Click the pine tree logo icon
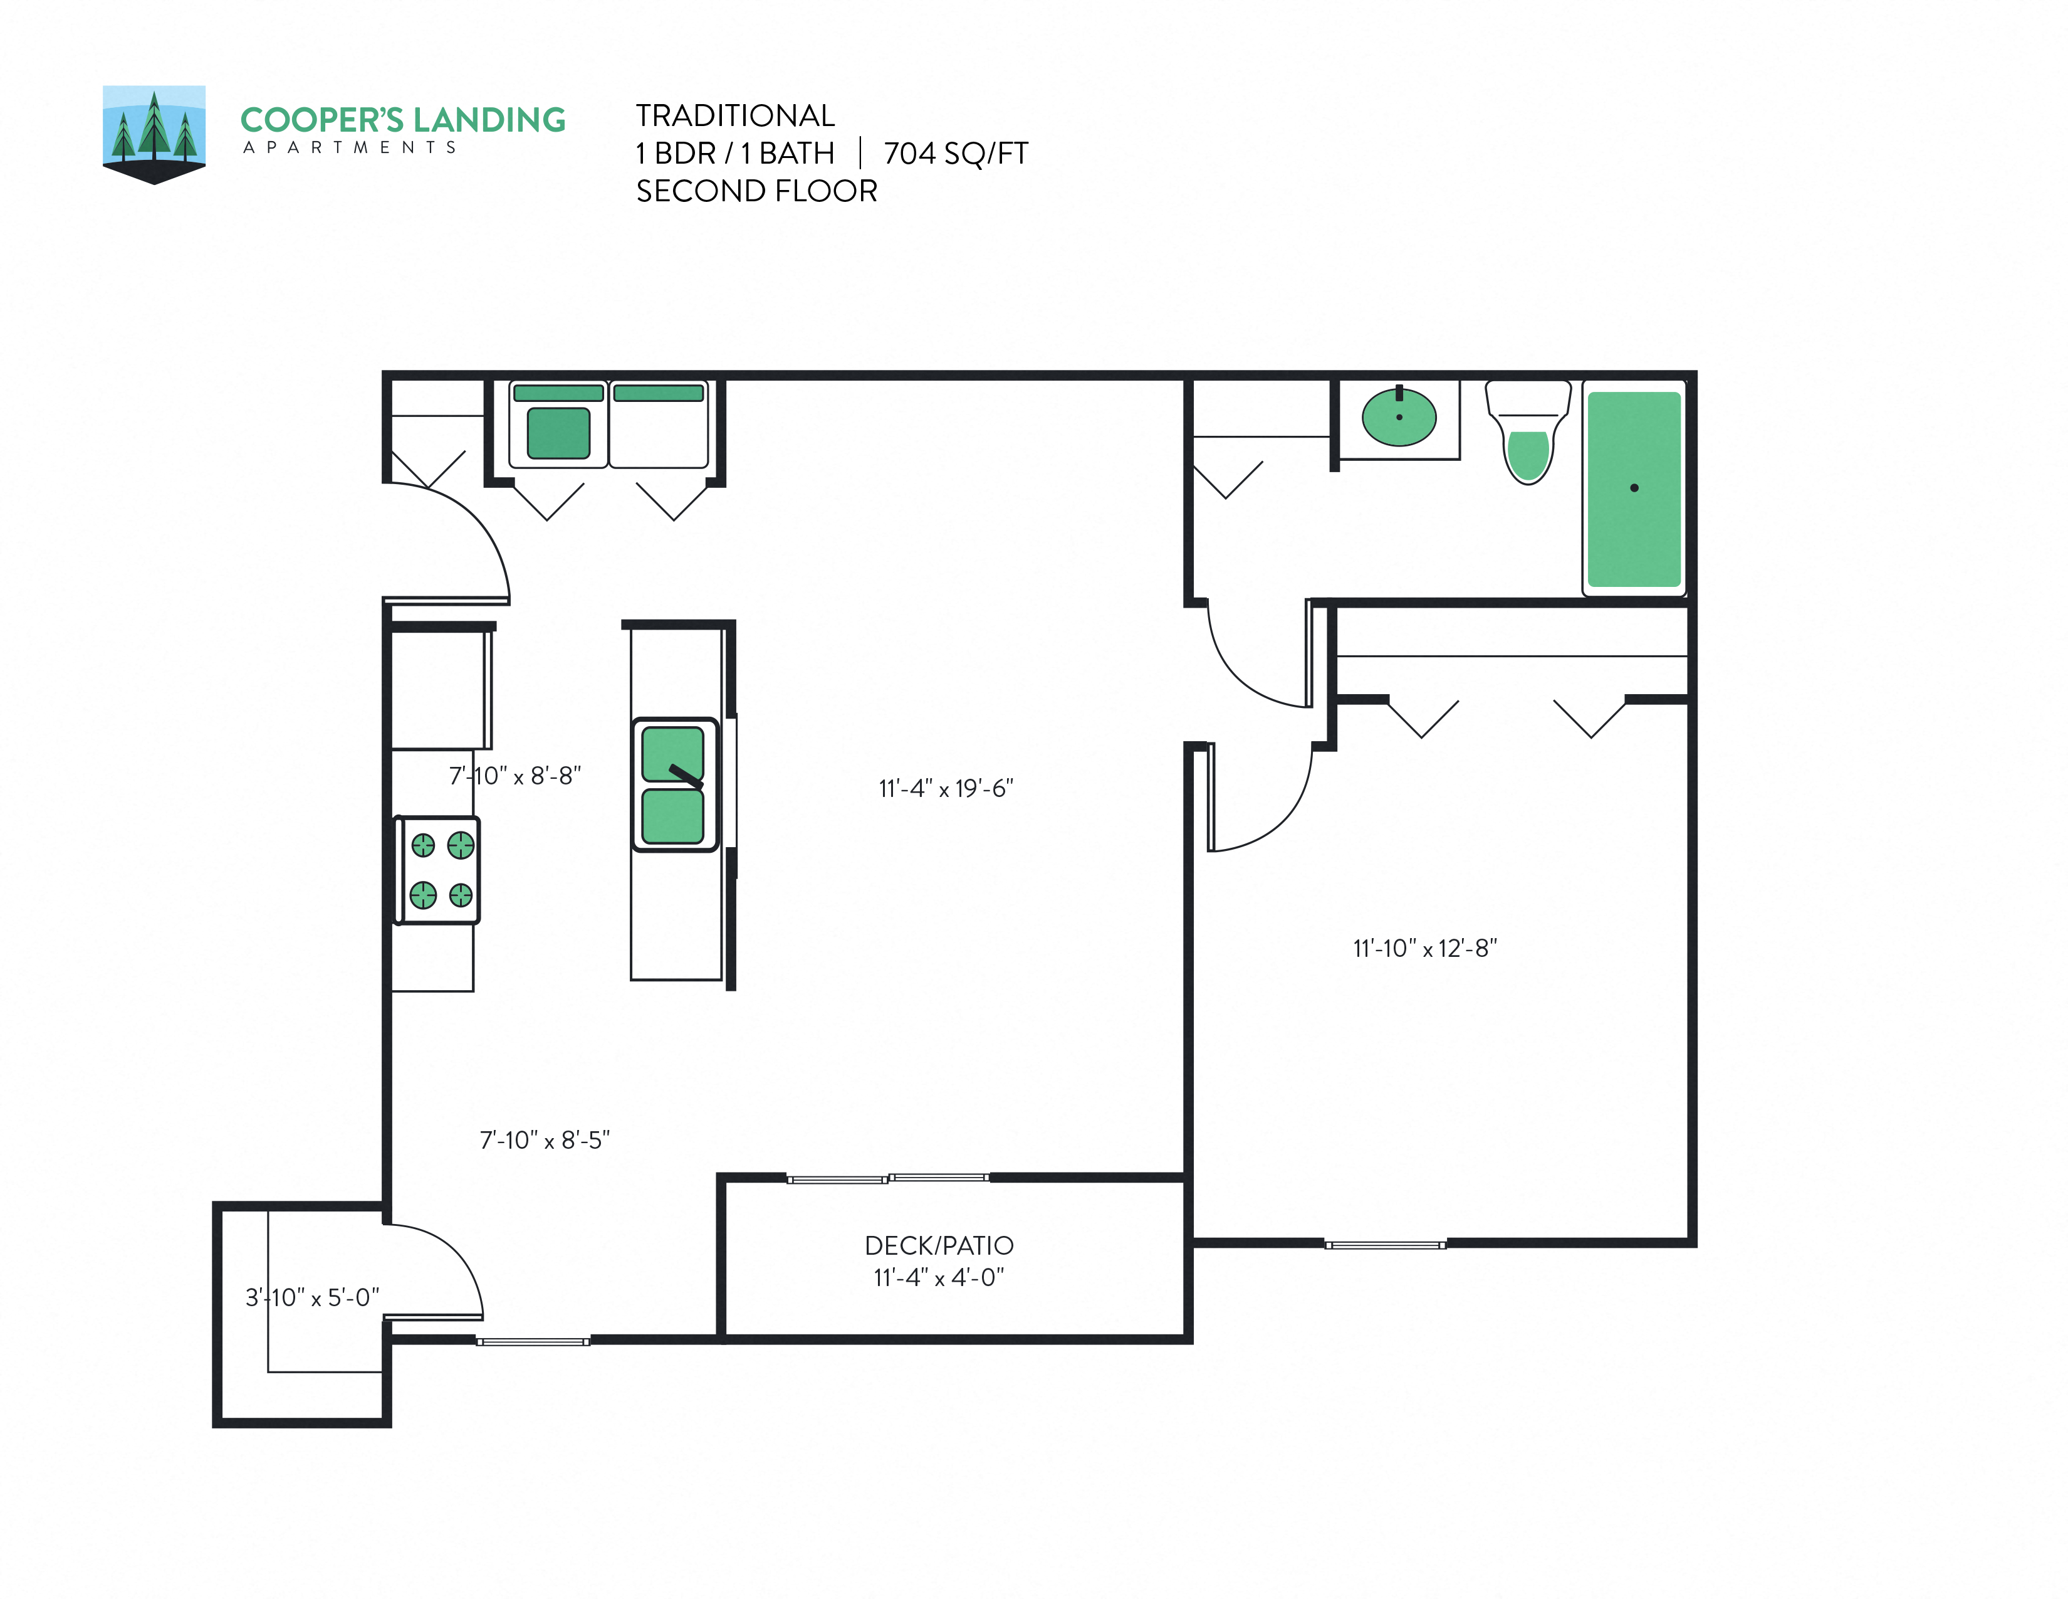154,132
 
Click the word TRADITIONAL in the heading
735,115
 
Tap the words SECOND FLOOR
756,191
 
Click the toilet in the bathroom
1527,436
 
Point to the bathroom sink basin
1399,417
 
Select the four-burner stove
437,870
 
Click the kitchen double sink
673,784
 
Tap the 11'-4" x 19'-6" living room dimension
945,788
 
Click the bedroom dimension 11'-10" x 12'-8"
1424,948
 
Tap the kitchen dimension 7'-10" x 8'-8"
514,776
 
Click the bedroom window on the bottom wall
1384,1245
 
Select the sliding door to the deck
888,1178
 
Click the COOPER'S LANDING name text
402,120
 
